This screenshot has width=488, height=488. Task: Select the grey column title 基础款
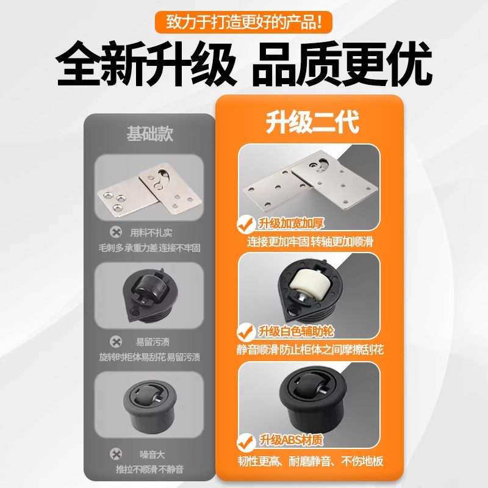149,134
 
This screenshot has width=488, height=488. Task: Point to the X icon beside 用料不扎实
115,232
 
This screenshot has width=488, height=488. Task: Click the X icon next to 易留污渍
115,342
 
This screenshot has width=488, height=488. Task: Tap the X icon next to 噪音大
115,454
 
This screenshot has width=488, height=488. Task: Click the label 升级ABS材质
291,440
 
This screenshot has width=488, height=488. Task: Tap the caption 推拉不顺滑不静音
149,470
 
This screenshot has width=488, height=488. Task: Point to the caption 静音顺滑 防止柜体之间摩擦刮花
310,350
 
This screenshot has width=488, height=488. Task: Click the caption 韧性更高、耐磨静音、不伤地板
310,461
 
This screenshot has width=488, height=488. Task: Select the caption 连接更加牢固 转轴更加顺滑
310,242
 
